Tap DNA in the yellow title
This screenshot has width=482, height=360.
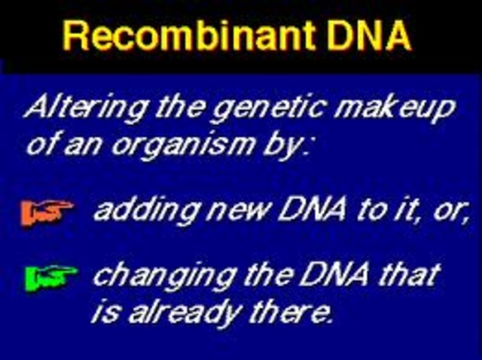(366, 36)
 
